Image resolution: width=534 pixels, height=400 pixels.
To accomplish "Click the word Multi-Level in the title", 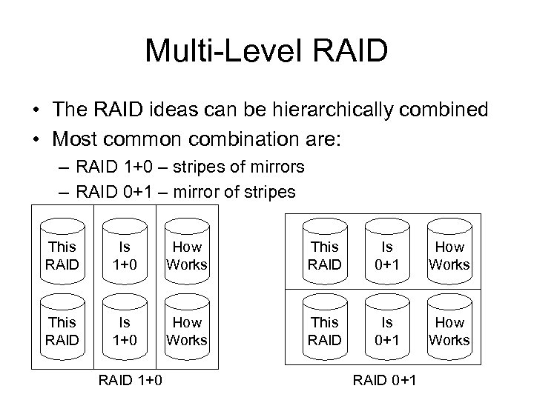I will (x=217, y=50).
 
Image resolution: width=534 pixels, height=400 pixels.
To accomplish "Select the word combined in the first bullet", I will (x=447, y=110).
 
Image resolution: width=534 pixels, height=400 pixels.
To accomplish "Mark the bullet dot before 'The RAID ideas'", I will (x=36, y=111).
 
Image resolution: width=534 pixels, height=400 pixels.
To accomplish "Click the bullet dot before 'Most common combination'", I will (x=36, y=139).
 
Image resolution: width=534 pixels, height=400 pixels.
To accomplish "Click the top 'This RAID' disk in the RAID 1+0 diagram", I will (x=62, y=253).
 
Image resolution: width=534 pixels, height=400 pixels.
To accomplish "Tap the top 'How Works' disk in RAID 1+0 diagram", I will (x=187, y=253).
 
